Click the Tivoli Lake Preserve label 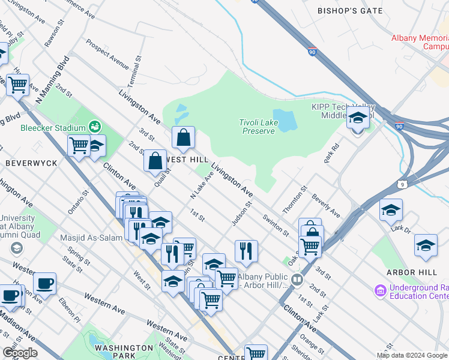tap(258, 127)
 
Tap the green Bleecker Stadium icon tap(94, 127)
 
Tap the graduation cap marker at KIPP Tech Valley tap(358, 119)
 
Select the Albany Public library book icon tap(297, 280)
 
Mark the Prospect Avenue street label tap(107, 55)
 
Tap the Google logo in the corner tap(19, 353)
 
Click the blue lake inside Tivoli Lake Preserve tap(285, 121)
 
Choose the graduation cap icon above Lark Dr tap(391, 210)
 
